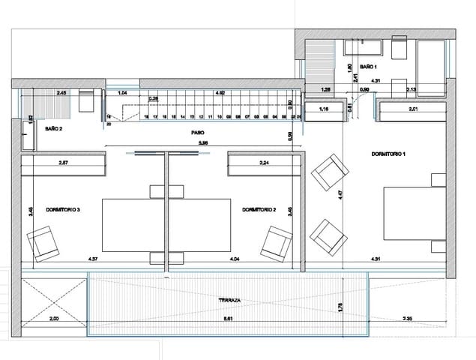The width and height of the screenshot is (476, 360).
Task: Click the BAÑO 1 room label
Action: point(367,67)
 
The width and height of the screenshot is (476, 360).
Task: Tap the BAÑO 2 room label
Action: point(52,129)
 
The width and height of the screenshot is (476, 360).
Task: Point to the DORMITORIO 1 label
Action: point(388,154)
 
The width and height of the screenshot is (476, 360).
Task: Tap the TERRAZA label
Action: point(229,299)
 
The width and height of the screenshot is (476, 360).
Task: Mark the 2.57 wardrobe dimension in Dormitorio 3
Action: point(64,163)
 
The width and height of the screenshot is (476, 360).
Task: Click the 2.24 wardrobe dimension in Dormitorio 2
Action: point(264,163)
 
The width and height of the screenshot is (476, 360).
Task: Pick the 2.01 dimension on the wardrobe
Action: point(412,110)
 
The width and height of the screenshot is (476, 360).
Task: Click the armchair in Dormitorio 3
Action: point(43,244)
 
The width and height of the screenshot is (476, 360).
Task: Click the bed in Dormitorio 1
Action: point(411,211)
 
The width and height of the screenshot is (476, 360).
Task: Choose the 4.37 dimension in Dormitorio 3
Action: point(94,259)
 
